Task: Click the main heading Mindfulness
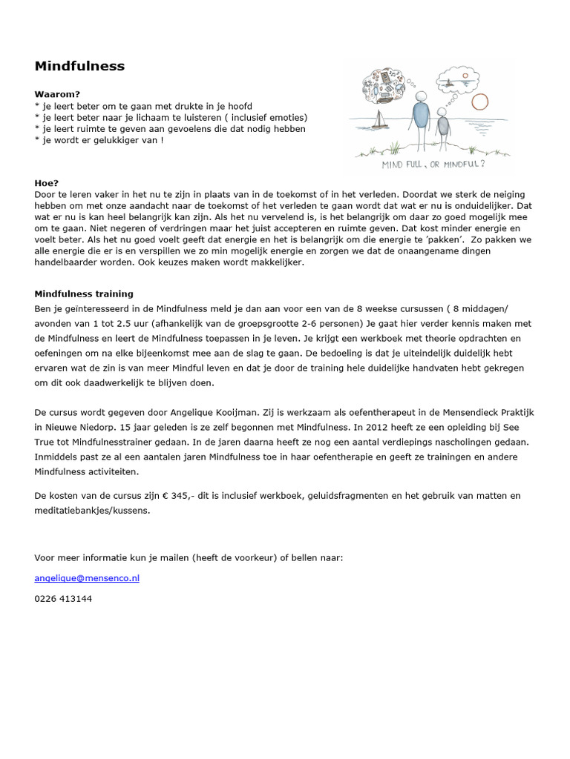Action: [79, 67]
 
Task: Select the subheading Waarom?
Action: [57, 95]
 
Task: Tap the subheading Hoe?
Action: [47, 182]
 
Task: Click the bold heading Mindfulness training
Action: [84, 294]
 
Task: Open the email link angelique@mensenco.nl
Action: [87, 578]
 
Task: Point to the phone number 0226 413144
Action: [63, 598]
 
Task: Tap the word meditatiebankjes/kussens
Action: [92, 510]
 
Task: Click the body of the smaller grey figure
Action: [443, 127]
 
